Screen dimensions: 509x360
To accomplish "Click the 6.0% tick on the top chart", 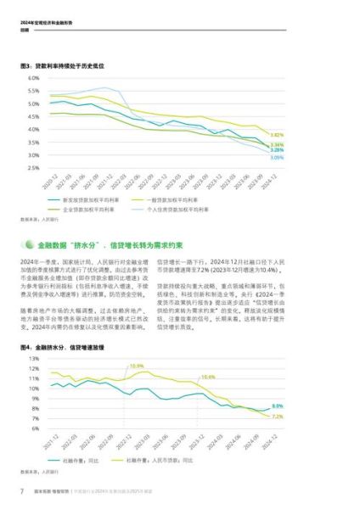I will click(x=33, y=78).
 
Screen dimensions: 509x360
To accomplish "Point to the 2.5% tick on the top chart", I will click(x=33, y=168).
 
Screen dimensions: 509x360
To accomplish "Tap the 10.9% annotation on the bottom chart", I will click(x=136, y=366).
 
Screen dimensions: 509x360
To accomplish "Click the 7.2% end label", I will click(x=278, y=417).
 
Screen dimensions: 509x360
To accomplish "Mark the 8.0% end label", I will click(x=278, y=406).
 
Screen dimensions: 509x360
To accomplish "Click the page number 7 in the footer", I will click(x=22, y=493).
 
